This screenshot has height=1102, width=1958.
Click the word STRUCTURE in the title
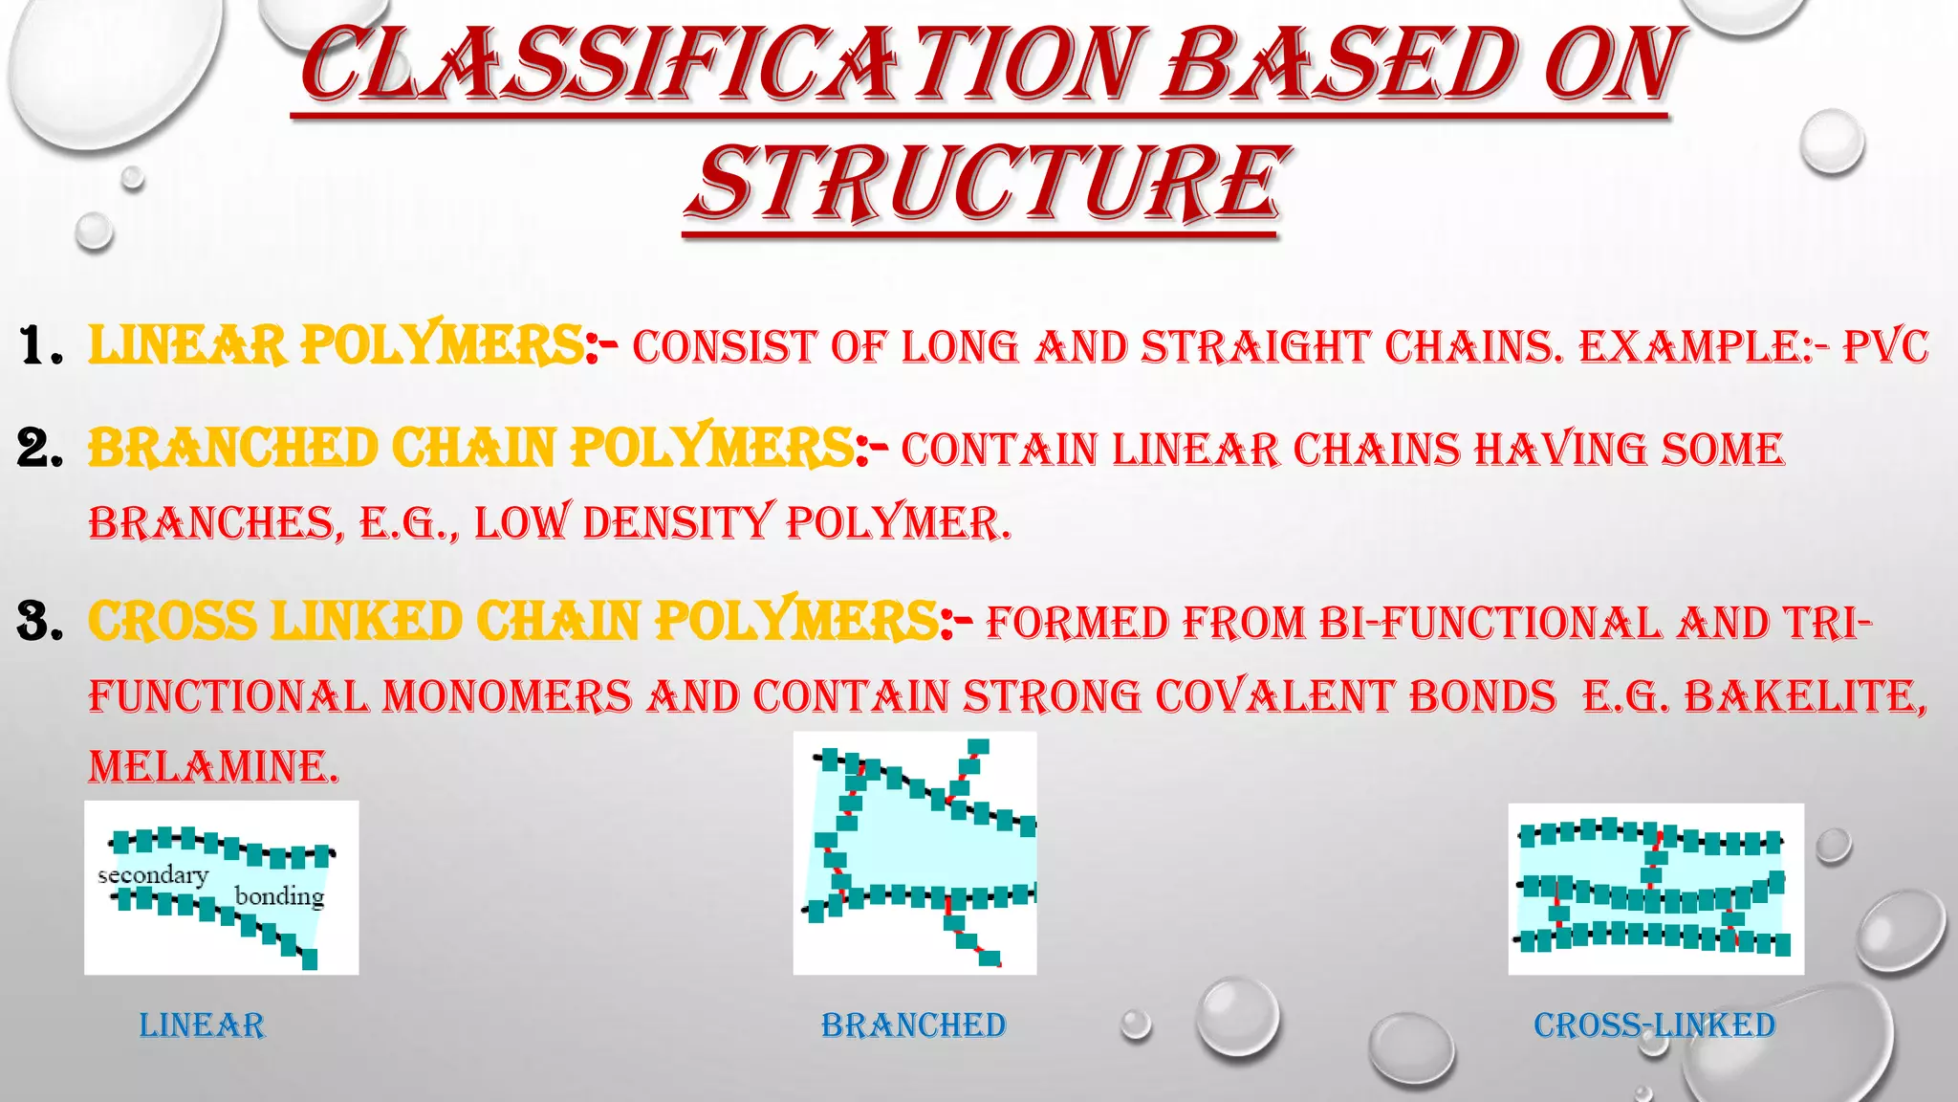pyautogui.click(x=986, y=183)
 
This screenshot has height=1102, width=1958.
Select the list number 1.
pyautogui.click(x=40, y=346)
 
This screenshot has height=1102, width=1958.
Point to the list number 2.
pyautogui.click(x=40, y=449)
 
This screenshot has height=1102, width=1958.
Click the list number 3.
pyautogui.click(x=40, y=622)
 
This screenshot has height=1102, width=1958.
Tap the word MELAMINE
pyautogui.click(x=213, y=767)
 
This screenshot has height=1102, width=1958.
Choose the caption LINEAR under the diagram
pyautogui.click(x=202, y=1025)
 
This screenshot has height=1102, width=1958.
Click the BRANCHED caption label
pyautogui.click(x=913, y=1025)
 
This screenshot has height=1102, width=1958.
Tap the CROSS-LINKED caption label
pyautogui.click(x=1655, y=1025)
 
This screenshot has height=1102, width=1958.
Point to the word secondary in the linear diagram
pyautogui.click(x=153, y=875)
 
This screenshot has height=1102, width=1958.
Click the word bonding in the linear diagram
pyautogui.click(x=279, y=896)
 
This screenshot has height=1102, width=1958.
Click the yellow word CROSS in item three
pyautogui.click(x=173, y=622)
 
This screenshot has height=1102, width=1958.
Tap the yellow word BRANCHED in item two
pyautogui.click(x=233, y=449)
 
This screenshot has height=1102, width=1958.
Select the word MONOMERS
pyautogui.click(x=508, y=696)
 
